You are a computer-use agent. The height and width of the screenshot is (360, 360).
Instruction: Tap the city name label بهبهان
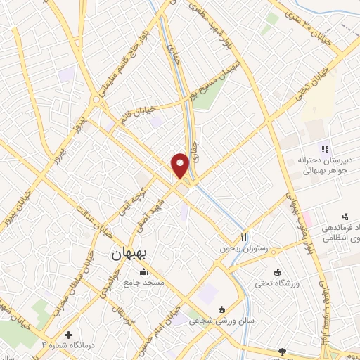point(127,257)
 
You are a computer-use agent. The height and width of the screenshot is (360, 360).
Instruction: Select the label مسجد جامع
point(144,282)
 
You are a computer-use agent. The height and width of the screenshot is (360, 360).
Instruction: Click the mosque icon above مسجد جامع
point(144,272)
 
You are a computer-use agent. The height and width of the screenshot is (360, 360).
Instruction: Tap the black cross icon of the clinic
point(68,334)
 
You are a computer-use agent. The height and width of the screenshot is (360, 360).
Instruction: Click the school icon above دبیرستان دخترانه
point(324,148)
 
